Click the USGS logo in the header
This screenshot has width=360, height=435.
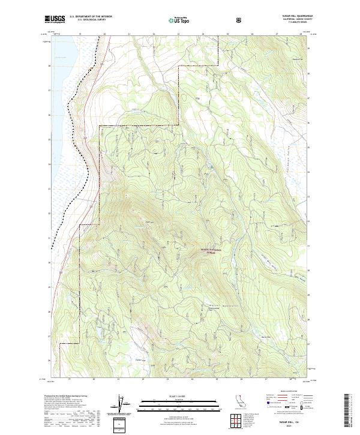(x=55, y=20)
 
